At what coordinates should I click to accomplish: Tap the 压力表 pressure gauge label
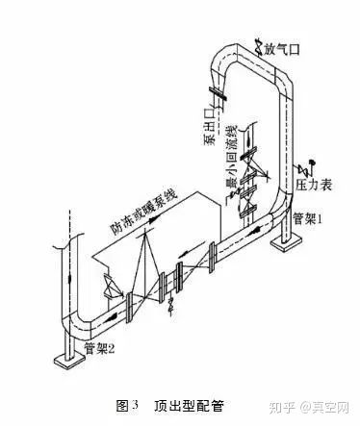[x=316, y=179]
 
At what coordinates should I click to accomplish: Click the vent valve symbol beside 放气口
[x=259, y=42]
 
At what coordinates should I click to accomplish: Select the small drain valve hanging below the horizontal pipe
[x=171, y=306]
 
